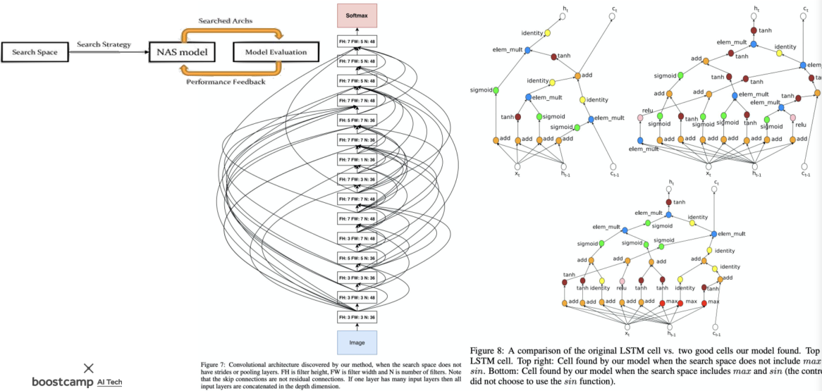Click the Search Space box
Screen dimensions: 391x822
tap(34, 52)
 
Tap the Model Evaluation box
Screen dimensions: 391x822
tap(276, 52)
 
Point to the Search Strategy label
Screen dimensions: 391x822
tap(104, 44)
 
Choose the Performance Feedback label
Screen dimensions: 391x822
tap(226, 82)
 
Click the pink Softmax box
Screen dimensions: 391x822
tap(357, 15)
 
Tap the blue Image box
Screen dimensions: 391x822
tap(357, 342)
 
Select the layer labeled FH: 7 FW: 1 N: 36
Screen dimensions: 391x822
tap(357, 160)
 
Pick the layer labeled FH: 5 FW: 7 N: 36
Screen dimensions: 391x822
tap(357, 120)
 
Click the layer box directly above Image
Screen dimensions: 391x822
tap(357, 317)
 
